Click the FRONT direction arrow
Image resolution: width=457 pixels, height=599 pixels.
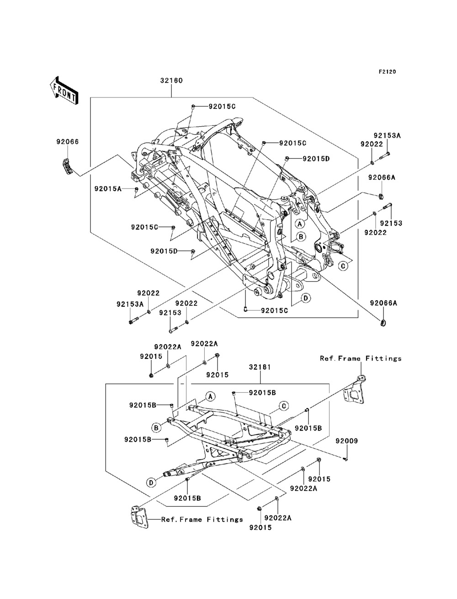point(64,91)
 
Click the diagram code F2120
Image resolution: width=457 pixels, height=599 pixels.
point(387,72)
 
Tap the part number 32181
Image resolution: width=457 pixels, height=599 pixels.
point(260,367)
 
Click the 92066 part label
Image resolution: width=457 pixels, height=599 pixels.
point(68,142)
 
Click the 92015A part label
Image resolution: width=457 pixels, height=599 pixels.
point(108,189)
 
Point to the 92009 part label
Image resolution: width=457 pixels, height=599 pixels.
point(346,441)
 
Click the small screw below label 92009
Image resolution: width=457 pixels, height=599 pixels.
point(346,459)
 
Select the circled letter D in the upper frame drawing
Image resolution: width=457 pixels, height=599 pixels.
point(306,298)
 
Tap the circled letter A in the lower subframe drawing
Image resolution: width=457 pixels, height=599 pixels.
point(210,397)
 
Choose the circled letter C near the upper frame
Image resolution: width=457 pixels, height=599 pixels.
point(344,265)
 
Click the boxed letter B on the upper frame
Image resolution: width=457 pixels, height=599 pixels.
point(301,237)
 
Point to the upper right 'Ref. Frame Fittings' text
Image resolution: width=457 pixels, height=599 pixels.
point(361,358)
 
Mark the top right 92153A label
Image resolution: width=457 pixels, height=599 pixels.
point(387,135)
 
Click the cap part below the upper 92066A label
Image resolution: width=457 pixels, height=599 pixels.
point(381,196)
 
